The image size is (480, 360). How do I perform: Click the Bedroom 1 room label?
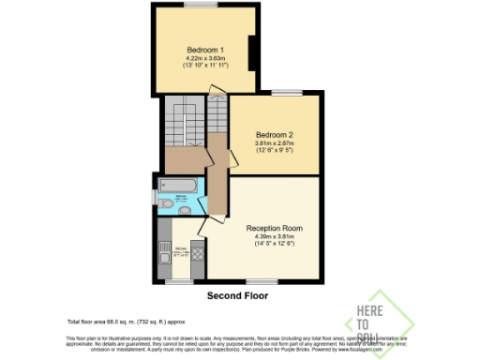[x=203, y=50]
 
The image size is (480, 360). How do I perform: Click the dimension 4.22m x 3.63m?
[x=203, y=60]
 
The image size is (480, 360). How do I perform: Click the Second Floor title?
[x=237, y=295]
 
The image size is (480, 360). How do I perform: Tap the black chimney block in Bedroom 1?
[x=250, y=52]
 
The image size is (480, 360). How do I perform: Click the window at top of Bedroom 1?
[x=198, y=5]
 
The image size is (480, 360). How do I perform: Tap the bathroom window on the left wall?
[x=154, y=197]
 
